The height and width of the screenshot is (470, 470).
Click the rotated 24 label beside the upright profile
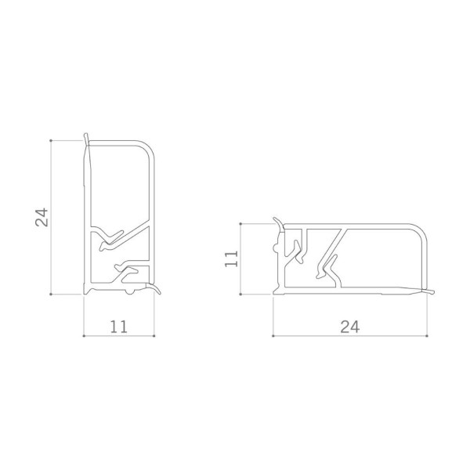click(42, 217)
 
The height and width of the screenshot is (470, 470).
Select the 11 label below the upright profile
click(119, 327)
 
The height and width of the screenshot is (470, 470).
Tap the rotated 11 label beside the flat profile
click(231, 258)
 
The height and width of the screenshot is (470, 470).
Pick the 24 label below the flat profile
click(349, 327)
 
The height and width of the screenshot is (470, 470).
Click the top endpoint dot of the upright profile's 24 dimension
click(51, 140)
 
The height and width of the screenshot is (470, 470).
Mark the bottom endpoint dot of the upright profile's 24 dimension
click(51, 295)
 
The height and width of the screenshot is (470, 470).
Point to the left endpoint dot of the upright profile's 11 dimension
click(84, 336)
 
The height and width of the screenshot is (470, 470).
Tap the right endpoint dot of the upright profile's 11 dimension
click(154, 336)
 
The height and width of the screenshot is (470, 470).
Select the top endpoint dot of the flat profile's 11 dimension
click(240, 223)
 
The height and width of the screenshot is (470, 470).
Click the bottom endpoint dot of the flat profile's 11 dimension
click(240, 295)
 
